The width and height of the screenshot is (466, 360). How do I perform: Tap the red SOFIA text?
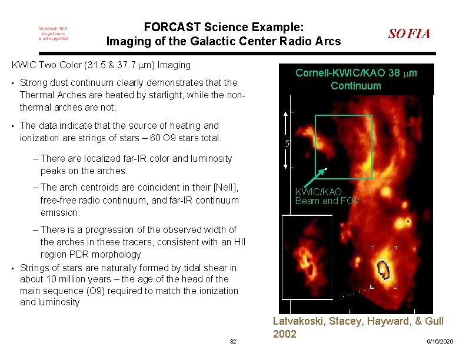pyautogui.click(x=409, y=34)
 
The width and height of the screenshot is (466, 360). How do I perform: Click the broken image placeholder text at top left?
pyautogui.click(x=53, y=34)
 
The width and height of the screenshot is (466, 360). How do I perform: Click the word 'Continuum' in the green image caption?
pyautogui.click(x=355, y=86)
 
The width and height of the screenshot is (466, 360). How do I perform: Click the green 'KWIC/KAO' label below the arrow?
pyautogui.click(x=318, y=192)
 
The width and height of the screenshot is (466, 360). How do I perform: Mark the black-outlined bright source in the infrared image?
pyautogui.click(x=384, y=269)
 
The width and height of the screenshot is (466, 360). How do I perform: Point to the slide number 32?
pyautogui.click(x=233, y=342)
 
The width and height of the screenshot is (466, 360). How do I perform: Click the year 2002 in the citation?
pyautogui.click(x=285, y=334)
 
